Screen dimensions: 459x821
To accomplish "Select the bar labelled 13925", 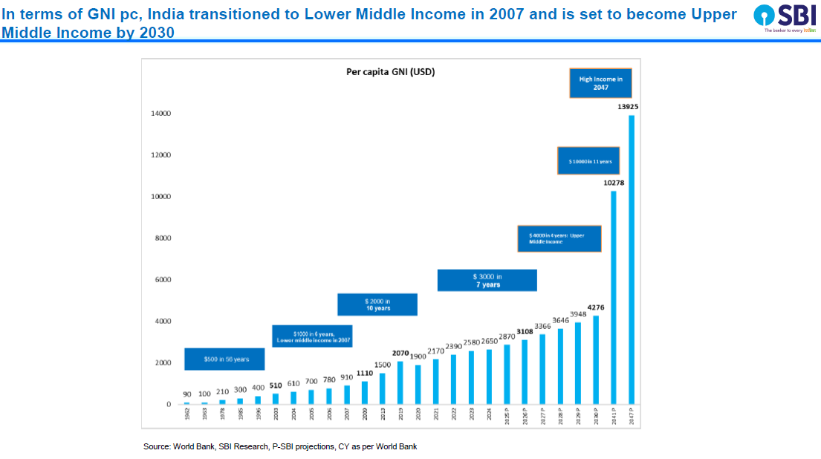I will point(632,259).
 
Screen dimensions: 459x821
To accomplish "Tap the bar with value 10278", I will point(614,297).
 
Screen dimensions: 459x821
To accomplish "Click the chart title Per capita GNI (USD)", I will point(391,72).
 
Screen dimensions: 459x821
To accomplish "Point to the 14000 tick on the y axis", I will point(161,114).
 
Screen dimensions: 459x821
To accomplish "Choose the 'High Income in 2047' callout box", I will point(600,82).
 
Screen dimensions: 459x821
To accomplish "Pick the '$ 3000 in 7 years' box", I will point(487,280).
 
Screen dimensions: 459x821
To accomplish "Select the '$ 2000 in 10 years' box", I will point(377,305).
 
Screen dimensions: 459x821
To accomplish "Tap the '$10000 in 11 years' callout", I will point(588,161).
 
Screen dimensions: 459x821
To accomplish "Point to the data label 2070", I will point(400,353).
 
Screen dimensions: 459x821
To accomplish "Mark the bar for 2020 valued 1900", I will point(418,384).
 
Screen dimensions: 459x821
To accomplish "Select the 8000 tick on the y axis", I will point(161,238).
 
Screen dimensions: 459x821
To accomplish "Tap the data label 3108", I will point(525,331).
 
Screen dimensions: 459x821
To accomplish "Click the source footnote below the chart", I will point(280,446).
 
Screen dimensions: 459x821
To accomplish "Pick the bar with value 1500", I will point(383,388).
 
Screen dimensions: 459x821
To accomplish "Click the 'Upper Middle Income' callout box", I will point(559,238).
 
